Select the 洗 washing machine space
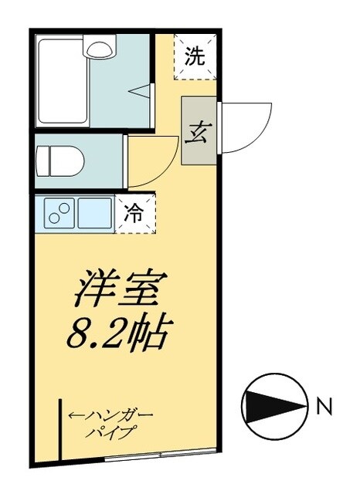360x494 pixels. tap(195, 56)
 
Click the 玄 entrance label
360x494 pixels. tap(199, 129)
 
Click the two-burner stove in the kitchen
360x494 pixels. tap(57, 212)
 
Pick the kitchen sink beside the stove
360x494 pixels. tap(94, 212)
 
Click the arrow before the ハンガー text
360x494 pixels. tap(76, 417)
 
